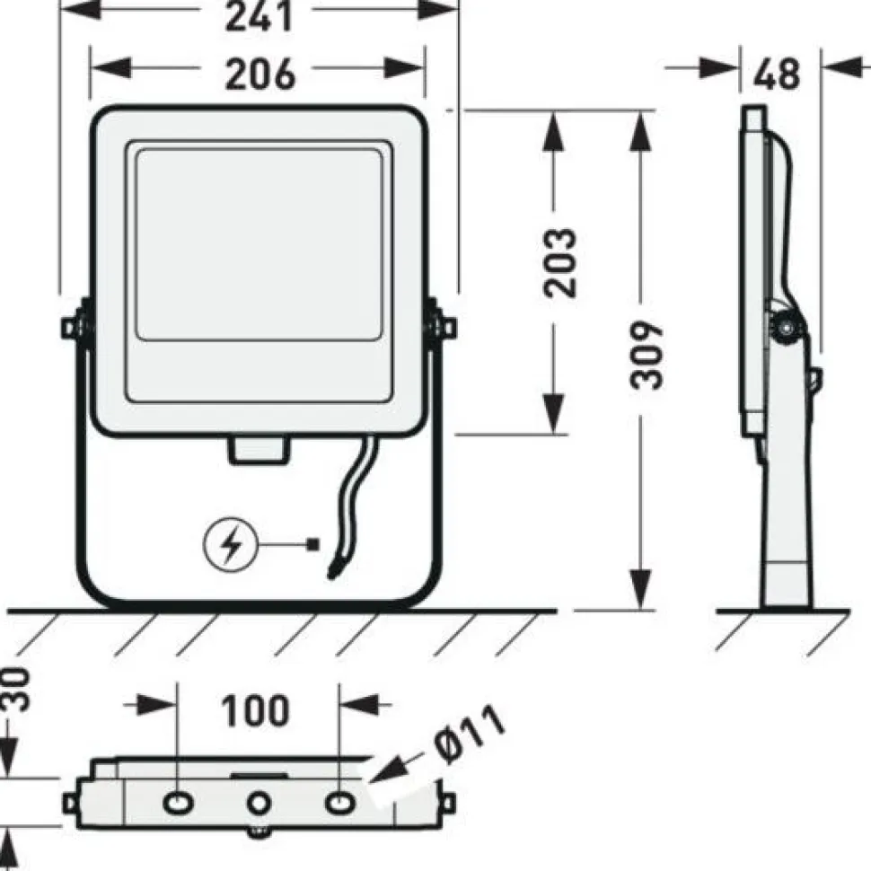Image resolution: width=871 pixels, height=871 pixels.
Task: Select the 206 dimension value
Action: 260,75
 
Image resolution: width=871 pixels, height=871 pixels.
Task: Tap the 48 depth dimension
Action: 777,73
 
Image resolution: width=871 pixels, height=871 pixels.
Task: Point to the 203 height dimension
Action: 560,262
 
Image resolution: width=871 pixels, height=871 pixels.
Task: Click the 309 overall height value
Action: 647,355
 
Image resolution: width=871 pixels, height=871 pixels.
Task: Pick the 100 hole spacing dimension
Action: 255,710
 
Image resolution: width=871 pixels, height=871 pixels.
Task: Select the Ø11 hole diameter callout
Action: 470,734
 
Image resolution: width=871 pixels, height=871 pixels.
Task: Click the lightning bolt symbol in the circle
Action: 231,545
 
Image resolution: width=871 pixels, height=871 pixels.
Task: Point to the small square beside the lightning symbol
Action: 314,544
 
